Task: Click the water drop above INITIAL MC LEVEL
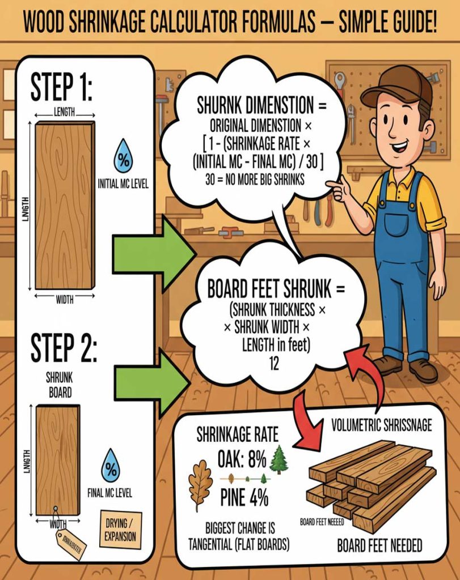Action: pyautogui.click(x=123, y=156)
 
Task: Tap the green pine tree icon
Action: pyautogui.click(x=278, y=459)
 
